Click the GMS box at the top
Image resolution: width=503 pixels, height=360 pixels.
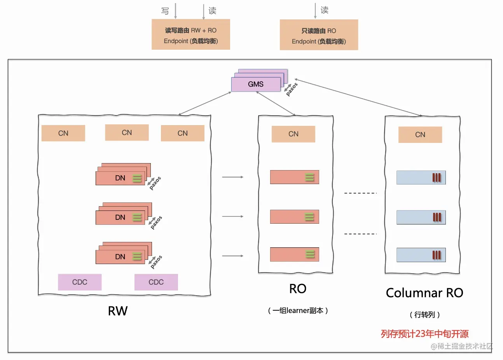point(256,84)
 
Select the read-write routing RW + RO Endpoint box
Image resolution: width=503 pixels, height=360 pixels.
point(190,35)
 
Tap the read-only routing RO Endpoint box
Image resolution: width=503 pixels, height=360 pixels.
point(319,35)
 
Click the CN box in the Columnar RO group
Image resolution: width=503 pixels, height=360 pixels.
point(420,135)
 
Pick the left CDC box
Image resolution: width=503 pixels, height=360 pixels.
point(80,282)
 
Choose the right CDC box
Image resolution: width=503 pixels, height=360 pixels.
point(156,282)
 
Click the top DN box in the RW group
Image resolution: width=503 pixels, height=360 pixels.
point(120,178)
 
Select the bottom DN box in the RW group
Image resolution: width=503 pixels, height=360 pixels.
point(120,257)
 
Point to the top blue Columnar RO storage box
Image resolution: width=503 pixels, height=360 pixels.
point(421,177)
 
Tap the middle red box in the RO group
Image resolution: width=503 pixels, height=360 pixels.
point(294,217)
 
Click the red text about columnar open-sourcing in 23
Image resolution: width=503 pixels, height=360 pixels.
point(424,334)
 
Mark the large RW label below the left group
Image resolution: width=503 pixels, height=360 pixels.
point(117,311)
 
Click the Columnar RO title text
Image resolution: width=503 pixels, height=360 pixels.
point(424,293)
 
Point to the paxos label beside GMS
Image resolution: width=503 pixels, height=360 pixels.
point(292,89)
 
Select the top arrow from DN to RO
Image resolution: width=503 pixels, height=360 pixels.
point(232,177)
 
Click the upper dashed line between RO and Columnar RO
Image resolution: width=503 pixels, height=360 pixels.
point(360,193)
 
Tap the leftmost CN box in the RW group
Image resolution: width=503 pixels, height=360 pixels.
point(63,133)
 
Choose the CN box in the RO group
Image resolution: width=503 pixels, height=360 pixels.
point(293,134)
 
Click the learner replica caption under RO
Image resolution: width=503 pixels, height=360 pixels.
point(298,311)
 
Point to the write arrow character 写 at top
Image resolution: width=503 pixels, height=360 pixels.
point(165,11)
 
